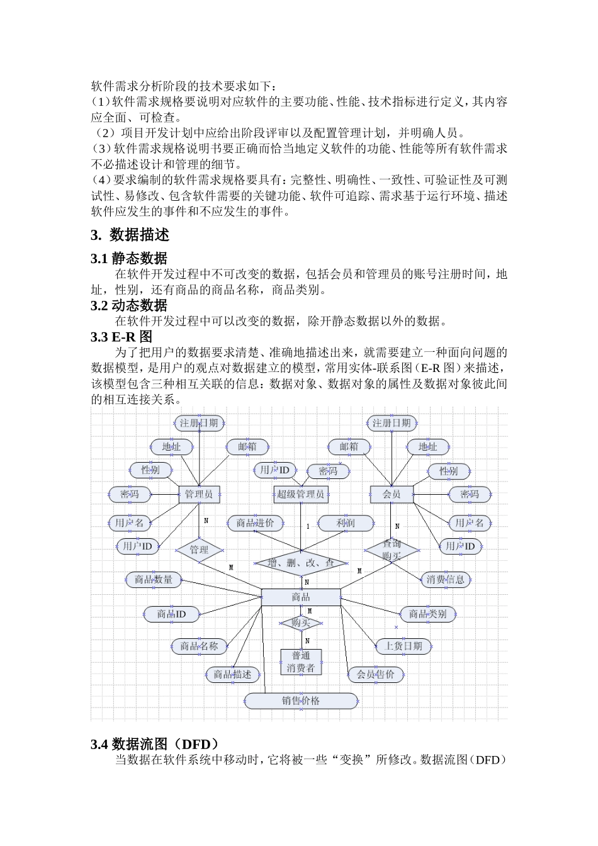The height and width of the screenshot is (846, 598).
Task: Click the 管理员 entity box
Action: (x=199, y=494)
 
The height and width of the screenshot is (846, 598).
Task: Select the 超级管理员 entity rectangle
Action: (x=301, y=494)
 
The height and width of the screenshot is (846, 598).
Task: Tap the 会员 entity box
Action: (x=392, y=494)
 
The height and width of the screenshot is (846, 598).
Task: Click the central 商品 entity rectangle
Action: (x=301, y=597)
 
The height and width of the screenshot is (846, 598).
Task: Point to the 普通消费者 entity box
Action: (x=301, y=662)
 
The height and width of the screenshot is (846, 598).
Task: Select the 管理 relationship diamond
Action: (x=199, y=550)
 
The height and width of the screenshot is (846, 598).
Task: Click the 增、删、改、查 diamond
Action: (x=301, y=563)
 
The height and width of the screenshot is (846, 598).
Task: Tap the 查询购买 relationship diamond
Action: (x=392, y=550)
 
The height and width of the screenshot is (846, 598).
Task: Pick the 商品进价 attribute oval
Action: (x=256, y=522)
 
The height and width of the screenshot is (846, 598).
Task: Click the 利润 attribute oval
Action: (x=346, y=522)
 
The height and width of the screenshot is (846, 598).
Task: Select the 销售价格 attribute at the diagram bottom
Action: (x=301, y=700)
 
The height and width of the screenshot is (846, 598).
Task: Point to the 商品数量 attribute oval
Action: (x=154, y=579)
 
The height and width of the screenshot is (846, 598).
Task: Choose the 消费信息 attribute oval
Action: (x=446, y=579)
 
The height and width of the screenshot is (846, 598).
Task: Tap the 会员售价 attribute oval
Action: (x=376, y=674)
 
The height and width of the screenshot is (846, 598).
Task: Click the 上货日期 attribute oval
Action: (x=403, y=646)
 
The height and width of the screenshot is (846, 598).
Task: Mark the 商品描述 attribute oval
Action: (x=232, y=674)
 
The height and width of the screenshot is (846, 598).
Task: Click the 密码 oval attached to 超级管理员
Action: (x=328, y=471)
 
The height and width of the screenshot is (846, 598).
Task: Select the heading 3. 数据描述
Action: (x=130, y=235)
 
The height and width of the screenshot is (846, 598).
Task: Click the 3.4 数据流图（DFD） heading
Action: (x=155, y=744)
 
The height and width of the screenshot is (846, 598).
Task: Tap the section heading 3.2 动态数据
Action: (x=129, y=305)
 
